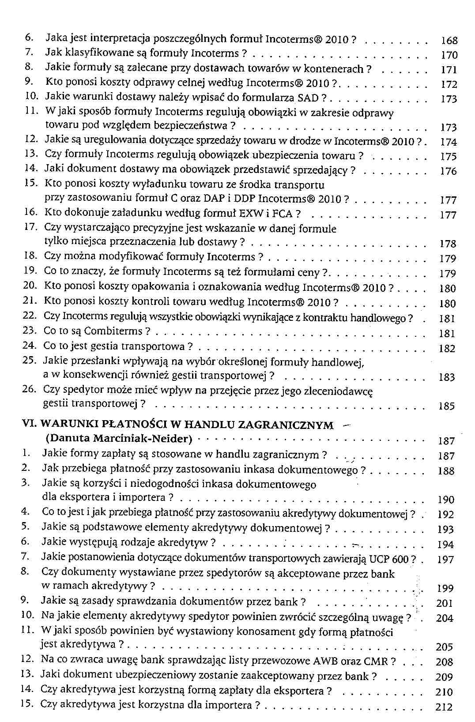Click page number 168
point(449,41)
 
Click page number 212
point(444,707)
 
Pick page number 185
point(447,406)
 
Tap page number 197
point(445,560)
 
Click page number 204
point(445,618)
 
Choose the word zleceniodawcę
point(343,391)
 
